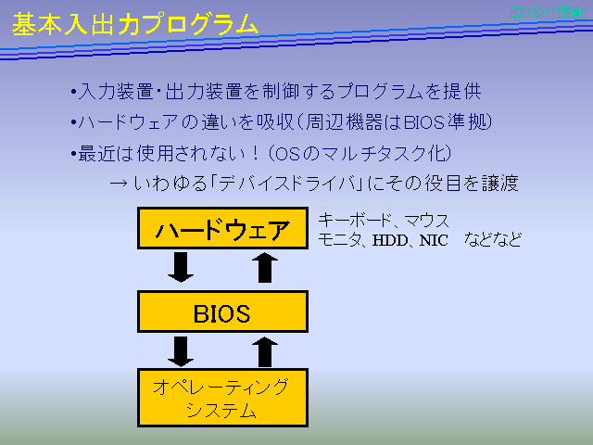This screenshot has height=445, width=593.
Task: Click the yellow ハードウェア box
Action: pos(222,228)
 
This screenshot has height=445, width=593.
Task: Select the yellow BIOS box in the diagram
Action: pos(222,312)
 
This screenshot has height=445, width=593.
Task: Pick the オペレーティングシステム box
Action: pos(222,397)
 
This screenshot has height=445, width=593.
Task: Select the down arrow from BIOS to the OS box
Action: pos(182,352)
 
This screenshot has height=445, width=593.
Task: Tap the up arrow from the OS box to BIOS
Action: pos(265,352)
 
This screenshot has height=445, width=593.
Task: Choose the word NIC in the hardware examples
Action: pos(434,240)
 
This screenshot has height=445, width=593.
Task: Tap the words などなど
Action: pos(493,240)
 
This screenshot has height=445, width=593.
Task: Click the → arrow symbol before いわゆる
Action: pos(119,184)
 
